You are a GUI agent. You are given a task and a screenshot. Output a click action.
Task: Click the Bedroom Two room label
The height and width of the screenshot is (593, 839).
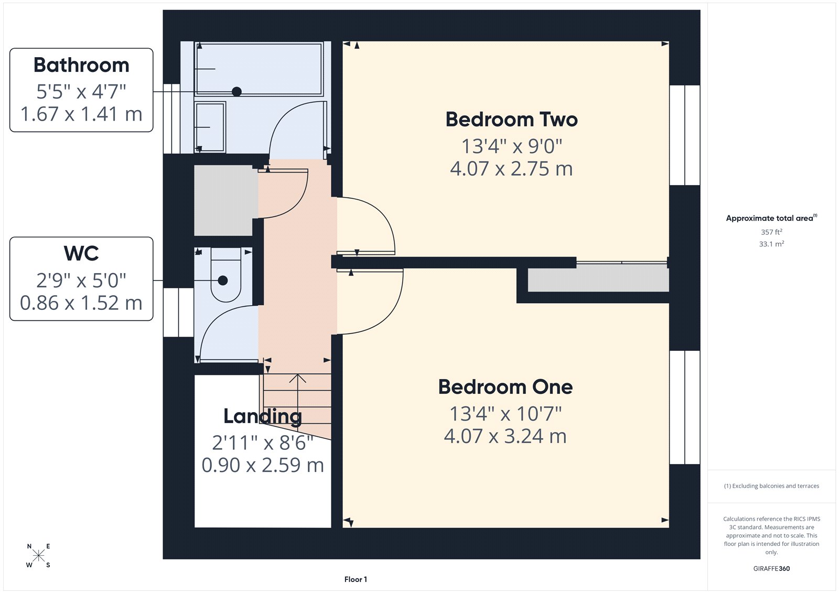click(x=511, y=120)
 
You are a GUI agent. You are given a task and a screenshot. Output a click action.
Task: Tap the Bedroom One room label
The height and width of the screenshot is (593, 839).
click(x=505, y=387)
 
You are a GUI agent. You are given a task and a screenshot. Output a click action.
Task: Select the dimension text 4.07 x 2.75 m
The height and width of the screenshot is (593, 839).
click(x=511, y=169)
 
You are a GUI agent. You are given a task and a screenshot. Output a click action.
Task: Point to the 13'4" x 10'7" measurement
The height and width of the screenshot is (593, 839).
click(x=505, y=414)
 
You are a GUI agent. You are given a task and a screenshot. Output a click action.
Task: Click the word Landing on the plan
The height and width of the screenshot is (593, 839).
click(x=262, y=416)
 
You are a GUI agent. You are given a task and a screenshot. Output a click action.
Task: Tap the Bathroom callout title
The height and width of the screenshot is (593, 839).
click(x=81, y=65)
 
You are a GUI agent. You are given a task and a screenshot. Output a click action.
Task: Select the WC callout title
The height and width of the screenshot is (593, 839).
click(x=81, y=253)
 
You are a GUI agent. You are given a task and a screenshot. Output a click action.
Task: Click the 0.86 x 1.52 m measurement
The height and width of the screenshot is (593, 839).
click(x=81, y=303)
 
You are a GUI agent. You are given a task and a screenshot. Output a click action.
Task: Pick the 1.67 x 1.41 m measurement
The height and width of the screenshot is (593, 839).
click(x=81, y=114)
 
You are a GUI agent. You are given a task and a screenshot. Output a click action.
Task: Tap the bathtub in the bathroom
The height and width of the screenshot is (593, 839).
click(x=259, y=69)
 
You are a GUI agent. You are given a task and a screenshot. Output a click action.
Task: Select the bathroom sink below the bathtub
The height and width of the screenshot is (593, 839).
click(x=210, y=127)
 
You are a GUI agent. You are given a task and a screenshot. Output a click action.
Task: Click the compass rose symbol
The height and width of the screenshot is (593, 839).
click(x=38, y=556)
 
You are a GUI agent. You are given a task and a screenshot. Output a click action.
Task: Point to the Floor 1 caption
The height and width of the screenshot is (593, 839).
click(x=356, y=579)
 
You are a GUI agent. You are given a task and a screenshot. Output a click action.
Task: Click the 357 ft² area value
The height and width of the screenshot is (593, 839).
click(x=771, y=232)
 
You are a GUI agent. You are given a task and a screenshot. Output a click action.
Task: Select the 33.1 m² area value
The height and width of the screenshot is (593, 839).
click(x=771, y=244)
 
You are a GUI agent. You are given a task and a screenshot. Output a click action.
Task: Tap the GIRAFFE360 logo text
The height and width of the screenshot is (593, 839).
click(x=771, y=568)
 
